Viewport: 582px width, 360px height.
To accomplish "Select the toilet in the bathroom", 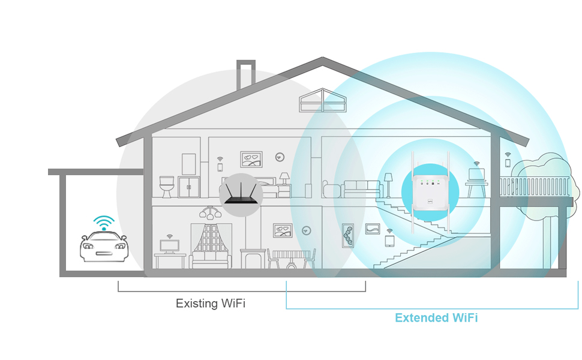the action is (x=166, y=186).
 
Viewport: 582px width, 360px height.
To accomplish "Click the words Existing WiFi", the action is (x=211, y=304).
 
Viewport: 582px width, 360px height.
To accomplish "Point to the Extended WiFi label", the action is (x=436, y=318).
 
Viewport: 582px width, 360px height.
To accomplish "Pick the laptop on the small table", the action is (x=477, y=175).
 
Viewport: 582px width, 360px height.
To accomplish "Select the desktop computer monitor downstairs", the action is (x=169, y=246).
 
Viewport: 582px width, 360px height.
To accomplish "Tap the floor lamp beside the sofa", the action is (x=388, y=182).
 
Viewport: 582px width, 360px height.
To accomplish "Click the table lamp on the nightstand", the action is (x=284, y=178).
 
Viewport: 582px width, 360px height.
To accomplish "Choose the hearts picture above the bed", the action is (x=251, y=159).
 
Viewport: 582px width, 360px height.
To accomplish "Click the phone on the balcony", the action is (x=508, y=163).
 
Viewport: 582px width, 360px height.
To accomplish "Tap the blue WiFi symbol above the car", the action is (x=104, y=221).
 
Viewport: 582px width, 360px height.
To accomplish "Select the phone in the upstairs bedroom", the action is (x=220, y=167).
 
